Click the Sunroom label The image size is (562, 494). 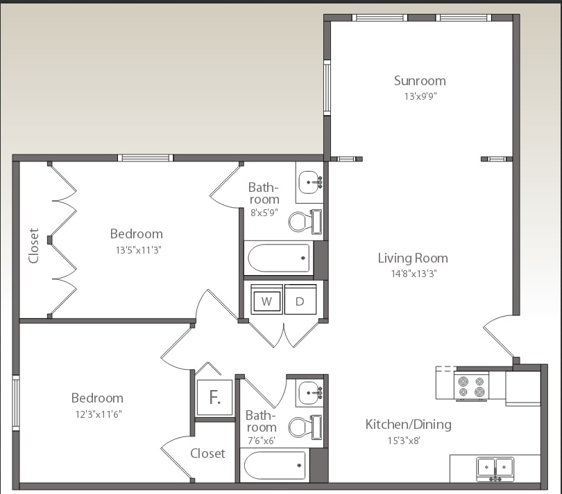[420, 80]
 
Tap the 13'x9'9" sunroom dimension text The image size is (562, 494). [420, 96]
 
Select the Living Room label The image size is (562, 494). [412, 258]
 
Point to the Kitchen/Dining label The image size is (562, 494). [408, 424]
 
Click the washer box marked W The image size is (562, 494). [266, 301]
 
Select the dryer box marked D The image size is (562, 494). [300, 301]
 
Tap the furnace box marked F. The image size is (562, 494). [214, 398]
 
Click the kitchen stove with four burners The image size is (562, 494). [470, 386]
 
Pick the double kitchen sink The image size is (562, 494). [495, 468]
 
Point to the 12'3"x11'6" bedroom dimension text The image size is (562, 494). [97, 414]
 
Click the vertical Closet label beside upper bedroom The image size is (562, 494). [33, 245]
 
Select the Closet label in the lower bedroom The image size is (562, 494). [207, 453]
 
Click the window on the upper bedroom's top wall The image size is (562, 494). [145, 158]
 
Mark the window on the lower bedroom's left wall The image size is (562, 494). [16, 403]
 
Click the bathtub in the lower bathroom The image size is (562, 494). [275, 464]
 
